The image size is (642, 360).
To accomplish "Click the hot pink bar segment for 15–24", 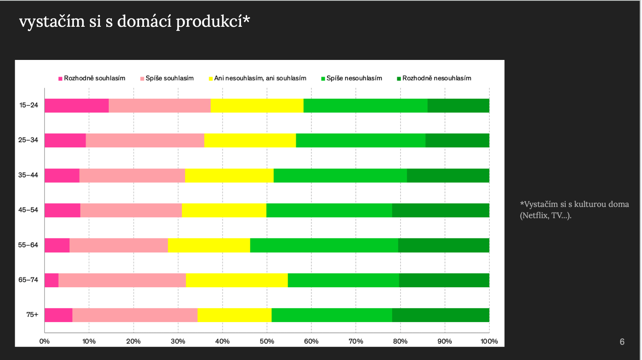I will pos(76,105).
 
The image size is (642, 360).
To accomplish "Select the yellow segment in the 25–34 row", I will pos(250,141).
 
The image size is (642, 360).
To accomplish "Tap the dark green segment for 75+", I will pos(441,315).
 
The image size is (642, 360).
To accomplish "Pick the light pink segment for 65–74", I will pos(122,280).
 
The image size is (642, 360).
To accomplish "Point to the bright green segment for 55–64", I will pos(324,245).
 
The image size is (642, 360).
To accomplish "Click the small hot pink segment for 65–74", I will pos(52,280).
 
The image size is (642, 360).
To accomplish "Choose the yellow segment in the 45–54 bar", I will pos(224,211).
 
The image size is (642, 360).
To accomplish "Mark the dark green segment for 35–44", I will pos(448,176).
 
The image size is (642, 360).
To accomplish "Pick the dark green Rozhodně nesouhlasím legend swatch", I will pos(399,79).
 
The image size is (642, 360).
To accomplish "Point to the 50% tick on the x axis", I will pos(267,341).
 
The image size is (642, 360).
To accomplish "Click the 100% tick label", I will pos(489,341).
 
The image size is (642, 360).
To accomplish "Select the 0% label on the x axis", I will pos(44,341).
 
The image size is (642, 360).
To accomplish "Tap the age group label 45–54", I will pos(28,210).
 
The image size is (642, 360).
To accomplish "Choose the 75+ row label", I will pos(32,315).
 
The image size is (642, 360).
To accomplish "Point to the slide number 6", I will pos(622,342).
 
